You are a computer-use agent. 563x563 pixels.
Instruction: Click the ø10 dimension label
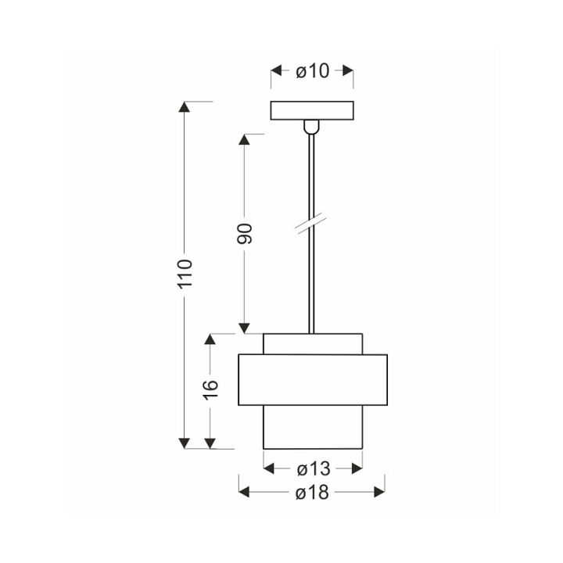coord(312,71)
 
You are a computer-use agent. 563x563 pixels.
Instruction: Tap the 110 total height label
coord(185,273)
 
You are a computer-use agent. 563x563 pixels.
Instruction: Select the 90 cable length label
coord(245,233)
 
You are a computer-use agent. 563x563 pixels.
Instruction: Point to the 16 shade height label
coord(210,389)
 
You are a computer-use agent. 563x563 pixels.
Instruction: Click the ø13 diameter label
coord(314,469)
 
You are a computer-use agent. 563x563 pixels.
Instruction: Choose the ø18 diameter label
coord(312,493)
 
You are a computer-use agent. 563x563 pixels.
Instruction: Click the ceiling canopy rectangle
coord(312,110)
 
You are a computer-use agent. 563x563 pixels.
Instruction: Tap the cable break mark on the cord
coord(311,226)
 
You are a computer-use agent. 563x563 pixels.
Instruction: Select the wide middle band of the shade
coord(313,380)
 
